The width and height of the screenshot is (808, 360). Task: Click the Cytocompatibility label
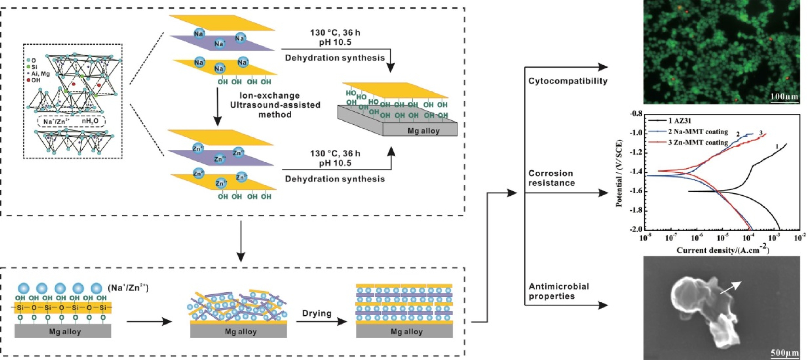coord(568,81)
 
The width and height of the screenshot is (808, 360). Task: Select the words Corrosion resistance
coord(551,178)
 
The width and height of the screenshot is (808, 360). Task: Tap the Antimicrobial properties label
coord(559,291)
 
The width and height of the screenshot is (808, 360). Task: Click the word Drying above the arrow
coord(317,313)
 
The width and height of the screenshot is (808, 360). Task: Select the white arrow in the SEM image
coord(730,288)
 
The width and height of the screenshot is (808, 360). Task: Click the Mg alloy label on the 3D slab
coord(424,131)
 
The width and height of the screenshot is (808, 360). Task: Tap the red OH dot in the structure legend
coord(29,80)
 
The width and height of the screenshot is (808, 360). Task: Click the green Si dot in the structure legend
coord(29,67)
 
